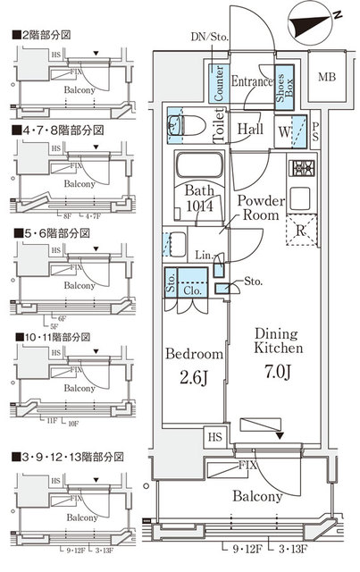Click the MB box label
click(x=328, y=77)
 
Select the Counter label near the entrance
click(x=218, y=81)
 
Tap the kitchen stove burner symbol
click(x=302, y=168)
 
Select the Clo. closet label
click(x=192, y=289)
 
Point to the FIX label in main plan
click(x=247, y=467)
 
